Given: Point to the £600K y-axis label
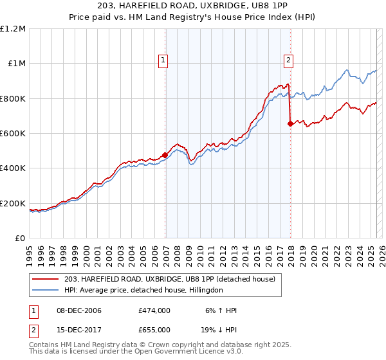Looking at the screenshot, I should [x=14, y=134].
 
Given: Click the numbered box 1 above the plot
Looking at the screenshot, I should [x=163, y=61].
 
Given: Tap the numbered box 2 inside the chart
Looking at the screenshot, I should [x=288, y=61].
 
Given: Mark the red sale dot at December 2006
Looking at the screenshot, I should [x=165, y=155].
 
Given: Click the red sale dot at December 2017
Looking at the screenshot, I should [x=290, y=123].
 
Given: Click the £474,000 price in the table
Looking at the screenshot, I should [x=154, y=310].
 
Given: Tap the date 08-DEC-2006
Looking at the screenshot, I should [x=75, y=310].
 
